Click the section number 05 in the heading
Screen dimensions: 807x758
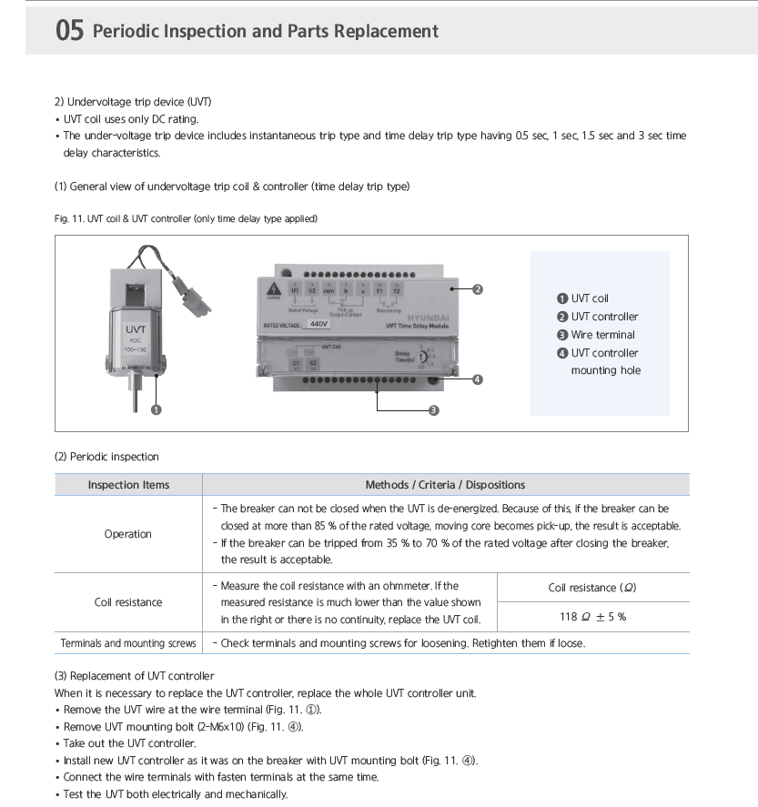(70, 31)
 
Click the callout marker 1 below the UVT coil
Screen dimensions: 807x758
(157, 409)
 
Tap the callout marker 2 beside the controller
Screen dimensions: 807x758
(478, 289)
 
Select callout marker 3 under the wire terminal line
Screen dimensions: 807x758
(434, 410)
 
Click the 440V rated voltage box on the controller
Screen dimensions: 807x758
(318, 323)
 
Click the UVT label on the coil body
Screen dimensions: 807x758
(136, 328)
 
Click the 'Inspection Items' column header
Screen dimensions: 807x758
(128, 485)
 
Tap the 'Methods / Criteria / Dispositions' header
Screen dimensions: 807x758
(445, 485)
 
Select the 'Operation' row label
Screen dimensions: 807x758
(128, 534)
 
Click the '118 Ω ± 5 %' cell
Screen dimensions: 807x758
(592, 617)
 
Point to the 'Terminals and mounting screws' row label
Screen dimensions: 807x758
(128, 643)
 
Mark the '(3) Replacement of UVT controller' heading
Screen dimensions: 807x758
(135, 676)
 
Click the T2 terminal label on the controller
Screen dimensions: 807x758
(396, 290)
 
